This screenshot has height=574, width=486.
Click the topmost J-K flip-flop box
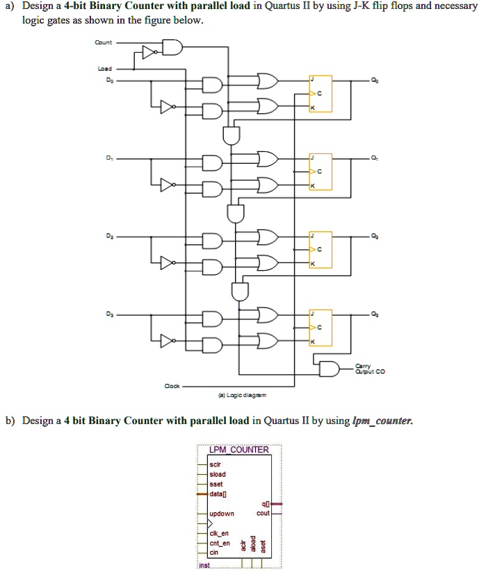point(321,93)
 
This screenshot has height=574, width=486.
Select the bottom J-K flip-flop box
point(321,326)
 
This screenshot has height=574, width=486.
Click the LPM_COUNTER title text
point(238,450)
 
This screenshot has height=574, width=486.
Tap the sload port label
point(218,475)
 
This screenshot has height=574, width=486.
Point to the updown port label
point(222,514)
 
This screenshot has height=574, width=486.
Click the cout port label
point(263,514)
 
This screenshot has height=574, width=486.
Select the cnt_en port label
point(220,543)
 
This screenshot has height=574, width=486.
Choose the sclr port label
point(216,465)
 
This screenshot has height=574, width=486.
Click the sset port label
point(216,484)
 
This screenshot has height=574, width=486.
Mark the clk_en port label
point(220,534)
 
